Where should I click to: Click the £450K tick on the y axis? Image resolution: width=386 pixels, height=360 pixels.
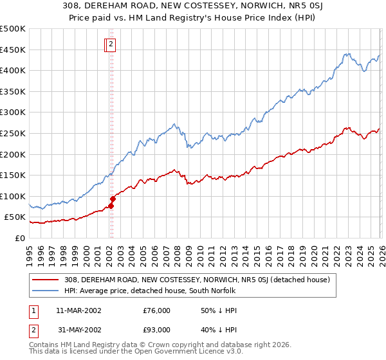coord(13,50)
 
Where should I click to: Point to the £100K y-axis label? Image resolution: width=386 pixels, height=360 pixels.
coord(13,196)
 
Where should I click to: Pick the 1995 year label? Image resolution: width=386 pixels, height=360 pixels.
coord(30,249)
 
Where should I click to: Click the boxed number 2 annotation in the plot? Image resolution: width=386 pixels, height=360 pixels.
coord(111,44)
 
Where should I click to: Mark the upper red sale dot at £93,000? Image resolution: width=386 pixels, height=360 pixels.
coord(112,199)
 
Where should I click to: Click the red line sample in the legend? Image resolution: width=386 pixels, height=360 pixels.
coord(46,280)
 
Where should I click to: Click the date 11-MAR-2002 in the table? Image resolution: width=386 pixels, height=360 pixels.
coord(79,310)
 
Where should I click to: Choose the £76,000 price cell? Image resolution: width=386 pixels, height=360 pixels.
coord(156,310)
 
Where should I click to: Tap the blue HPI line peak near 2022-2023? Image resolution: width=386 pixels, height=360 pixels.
coord(347,54)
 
